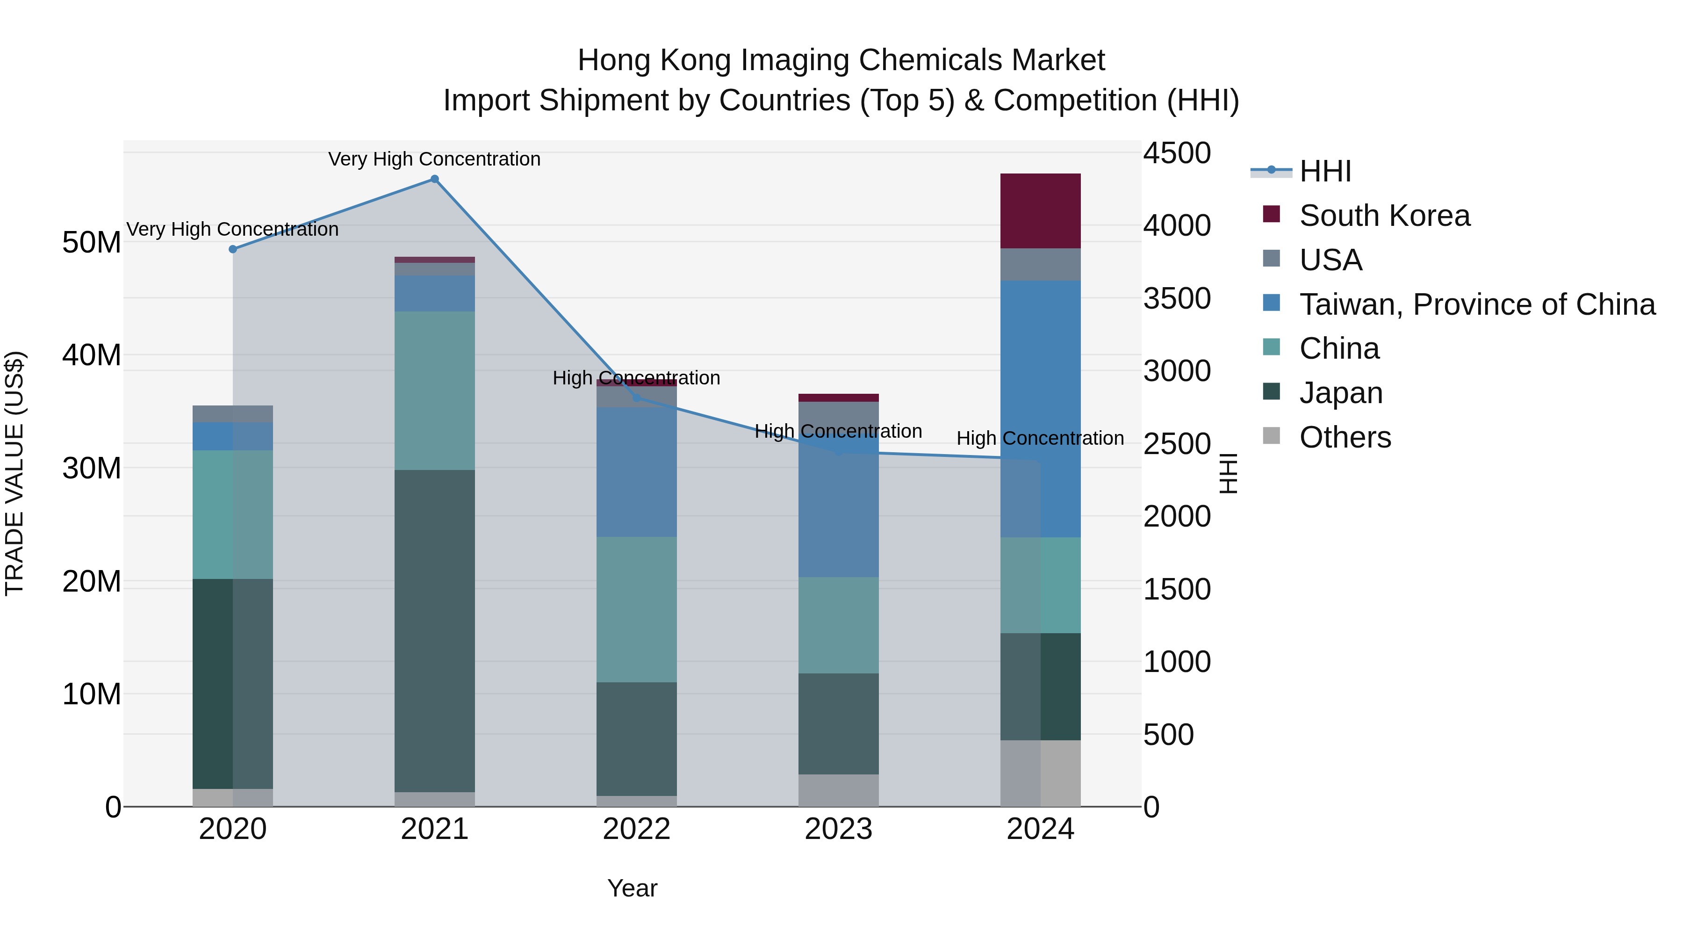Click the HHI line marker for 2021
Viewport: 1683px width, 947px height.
(x=434, y=179)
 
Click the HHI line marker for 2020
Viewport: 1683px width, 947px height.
(x=233, y=249)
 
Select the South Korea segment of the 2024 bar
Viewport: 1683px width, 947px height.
(x=1040, y=210)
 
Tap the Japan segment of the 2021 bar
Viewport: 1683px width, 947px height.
(x=434, y=631)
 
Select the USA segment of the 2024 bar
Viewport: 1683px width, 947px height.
(x=1040, y=264)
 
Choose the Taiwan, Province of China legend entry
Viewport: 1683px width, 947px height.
(x=1476, y=304)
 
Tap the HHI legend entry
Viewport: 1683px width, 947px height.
(x=1324, y=171)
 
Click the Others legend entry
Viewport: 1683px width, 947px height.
(x=1345, y=437)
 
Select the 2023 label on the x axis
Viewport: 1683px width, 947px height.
(x=838, y=829)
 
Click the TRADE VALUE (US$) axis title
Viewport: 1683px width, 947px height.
(x=14, y=473)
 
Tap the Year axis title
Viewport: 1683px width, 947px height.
(x=632, y=888)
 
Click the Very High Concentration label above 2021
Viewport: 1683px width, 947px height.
(x=434, y=159)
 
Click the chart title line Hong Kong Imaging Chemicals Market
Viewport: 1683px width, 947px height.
(x=841, y=60)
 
